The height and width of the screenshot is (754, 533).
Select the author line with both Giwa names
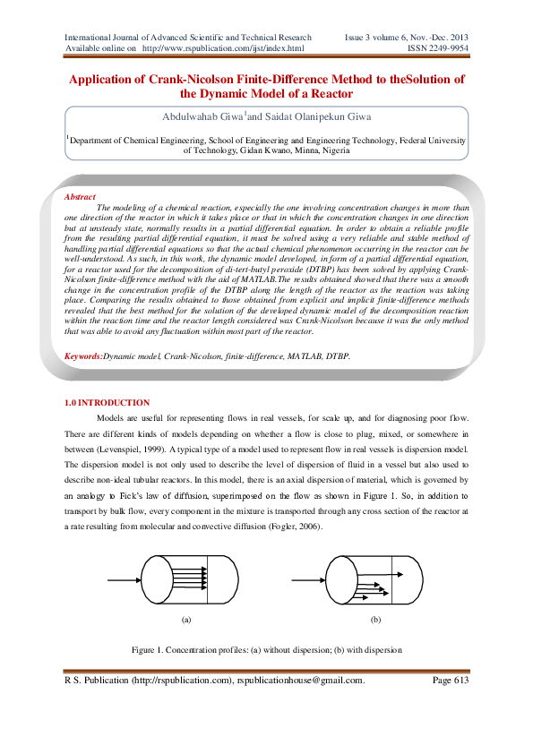[x=265, y=117]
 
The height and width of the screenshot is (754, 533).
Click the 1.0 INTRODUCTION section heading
[x=107, y=403]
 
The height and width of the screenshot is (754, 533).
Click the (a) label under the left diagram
[x=186, y=620]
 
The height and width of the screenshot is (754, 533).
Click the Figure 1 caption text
[x=266, y=649]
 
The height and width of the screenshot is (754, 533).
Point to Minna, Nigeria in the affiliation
[x=318, y=151]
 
